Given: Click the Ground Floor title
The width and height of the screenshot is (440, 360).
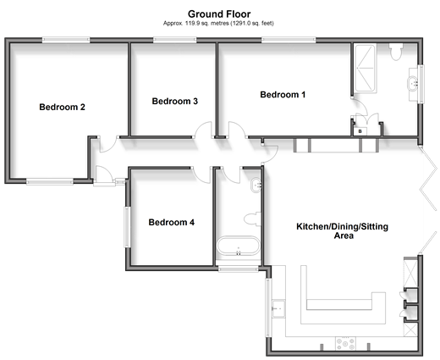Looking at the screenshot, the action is click(x=219, y=14).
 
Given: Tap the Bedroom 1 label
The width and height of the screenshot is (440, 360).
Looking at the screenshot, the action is click(x=283, y=95).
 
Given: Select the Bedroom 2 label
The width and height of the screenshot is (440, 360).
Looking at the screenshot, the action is click(x=62, y=107).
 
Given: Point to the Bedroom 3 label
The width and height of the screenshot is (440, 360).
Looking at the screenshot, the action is click(x=175, y=101).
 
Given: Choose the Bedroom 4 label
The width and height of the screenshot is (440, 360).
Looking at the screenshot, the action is click(x=172, y=222).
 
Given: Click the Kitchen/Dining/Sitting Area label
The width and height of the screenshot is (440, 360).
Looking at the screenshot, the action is click(x=343, y=230).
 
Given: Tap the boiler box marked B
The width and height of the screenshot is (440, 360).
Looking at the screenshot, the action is click(x=360, y=131).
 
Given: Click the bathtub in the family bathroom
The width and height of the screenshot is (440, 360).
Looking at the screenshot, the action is click(x=239, y=246).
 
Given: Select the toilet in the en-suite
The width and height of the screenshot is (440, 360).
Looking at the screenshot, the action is click(x=396, y=52).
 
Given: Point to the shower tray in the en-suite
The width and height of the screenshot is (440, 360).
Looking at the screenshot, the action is click(x=366, y=68).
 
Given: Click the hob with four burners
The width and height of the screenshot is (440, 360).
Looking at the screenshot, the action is click(x=345, y=344).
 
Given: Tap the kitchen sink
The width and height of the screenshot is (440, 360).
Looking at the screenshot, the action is click(x=278, y=308).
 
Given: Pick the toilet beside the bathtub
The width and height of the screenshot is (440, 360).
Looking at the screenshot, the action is click(x=252, y=219).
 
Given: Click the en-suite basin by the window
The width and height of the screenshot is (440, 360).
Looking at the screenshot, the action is click(x=412, y=84).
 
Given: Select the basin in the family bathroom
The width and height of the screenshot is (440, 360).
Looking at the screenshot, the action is click(x=256, y=186).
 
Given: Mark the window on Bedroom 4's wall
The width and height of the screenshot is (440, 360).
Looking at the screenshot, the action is click(x=128, y=227).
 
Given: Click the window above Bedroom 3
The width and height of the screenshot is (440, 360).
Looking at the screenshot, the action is click(x=175, y=40).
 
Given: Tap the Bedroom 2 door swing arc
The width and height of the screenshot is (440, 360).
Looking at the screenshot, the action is click(x=108, y=147).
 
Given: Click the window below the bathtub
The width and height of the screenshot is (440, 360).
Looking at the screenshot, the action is click(x=239, y=269).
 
